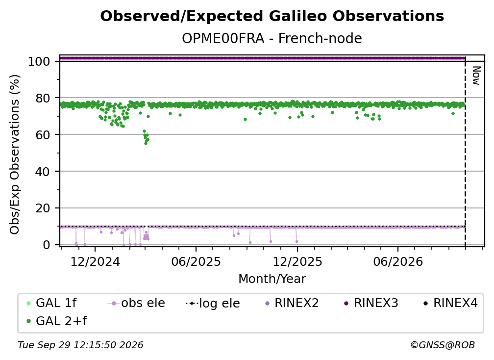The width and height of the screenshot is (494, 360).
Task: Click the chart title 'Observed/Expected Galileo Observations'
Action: pos(272,16)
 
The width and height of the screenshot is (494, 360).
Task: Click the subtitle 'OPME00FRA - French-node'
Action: pos(272,38)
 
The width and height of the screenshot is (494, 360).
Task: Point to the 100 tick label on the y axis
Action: pos(39,61)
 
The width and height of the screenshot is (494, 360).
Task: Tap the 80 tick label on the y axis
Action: pos(43,98)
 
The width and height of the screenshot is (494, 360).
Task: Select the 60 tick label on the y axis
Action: pos(43,134)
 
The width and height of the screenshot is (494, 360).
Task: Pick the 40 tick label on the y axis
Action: pos(43,172)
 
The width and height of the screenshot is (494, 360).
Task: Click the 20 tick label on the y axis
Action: pos(43,208)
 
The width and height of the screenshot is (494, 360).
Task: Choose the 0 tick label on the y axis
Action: pos(47,245)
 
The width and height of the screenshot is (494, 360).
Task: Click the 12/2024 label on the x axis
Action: pos(95,261)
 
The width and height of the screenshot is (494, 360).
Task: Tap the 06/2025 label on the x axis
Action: pos(196,261)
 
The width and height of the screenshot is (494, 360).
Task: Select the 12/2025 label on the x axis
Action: pos(297,261)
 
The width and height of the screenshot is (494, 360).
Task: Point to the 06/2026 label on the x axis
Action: pos(398,261)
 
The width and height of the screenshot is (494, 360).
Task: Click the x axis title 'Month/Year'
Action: pos(272,279)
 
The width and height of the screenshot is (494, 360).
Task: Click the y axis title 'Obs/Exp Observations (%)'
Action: pos(15,154)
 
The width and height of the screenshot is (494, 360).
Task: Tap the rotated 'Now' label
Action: pos(476,76)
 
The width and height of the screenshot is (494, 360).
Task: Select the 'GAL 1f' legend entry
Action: pos(51,303)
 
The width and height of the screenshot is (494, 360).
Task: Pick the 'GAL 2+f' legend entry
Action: pos(56,321)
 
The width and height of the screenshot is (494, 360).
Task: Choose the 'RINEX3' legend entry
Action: pos(371,303)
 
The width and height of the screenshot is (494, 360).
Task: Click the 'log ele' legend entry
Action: pos(213,303)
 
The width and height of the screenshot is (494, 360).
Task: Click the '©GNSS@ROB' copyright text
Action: pos(443,345)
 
